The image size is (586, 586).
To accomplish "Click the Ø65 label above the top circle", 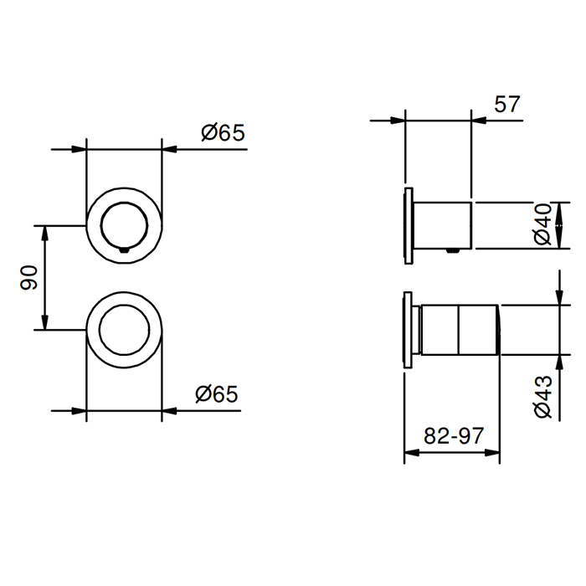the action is [224, 132].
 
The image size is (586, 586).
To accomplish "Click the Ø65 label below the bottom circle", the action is [217, 394].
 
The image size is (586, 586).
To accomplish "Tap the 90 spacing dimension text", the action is [28, 277].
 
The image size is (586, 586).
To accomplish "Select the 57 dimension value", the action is [507, 104].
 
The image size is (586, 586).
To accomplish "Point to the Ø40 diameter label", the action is [542, 224].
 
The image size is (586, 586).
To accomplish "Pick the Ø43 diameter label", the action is [543, 397].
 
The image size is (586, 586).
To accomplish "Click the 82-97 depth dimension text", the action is [454, 436].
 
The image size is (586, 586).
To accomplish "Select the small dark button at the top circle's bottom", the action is [124, 250].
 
